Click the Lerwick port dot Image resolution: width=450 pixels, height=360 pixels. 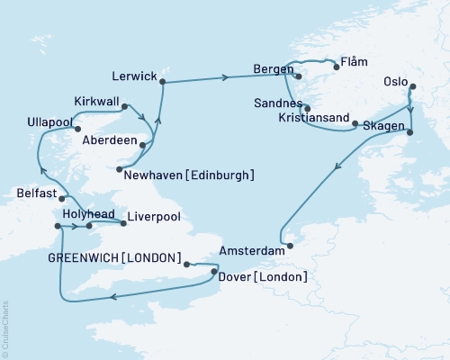coord(163,83)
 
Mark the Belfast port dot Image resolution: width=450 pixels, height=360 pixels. coord(62,197)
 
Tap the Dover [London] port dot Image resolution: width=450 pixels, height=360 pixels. coord(213,268)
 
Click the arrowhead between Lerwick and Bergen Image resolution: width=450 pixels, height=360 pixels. coord(223,78)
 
